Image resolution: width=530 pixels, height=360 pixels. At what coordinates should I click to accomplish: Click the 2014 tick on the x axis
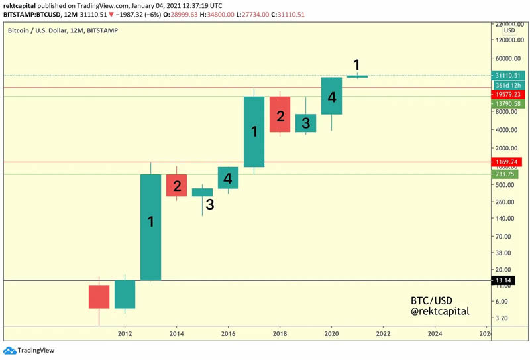click(176, 334)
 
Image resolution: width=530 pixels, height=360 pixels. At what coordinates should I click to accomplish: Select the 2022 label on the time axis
click(383, 334)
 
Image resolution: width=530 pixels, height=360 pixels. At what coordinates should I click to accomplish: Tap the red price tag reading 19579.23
click(508, 95)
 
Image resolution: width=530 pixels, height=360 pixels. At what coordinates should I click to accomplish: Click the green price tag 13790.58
click(508, 104)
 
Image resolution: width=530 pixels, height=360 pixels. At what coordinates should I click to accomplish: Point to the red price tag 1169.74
click(508, 162)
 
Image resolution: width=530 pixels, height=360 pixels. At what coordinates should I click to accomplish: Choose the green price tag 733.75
click(507, 174)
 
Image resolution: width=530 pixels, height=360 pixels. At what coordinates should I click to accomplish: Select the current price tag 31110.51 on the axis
click(508, 76)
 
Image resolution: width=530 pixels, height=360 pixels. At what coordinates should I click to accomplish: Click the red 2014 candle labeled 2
click(176, 185)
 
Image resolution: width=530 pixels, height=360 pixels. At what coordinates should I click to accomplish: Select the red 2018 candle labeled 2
click(280, 114)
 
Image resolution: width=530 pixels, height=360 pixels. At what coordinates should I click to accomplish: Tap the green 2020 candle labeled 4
click(331, 95)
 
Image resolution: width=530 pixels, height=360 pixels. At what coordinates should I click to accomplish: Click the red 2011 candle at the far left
click(99, 297)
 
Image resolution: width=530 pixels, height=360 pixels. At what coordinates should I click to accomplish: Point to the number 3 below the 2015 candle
click(209, 205)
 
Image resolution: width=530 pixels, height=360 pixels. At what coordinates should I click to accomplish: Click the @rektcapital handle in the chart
click(440, 311)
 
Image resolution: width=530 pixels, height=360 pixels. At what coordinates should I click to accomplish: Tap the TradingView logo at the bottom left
click(29, 351)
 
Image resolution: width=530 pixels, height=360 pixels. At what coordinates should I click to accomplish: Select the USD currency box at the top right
click(509, 30)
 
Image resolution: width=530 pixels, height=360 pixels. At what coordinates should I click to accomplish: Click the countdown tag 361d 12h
click(508, 86)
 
